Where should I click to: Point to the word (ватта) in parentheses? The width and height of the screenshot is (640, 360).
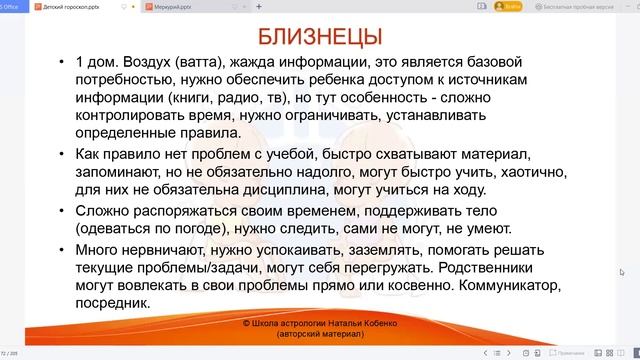(x=207, y=65)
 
